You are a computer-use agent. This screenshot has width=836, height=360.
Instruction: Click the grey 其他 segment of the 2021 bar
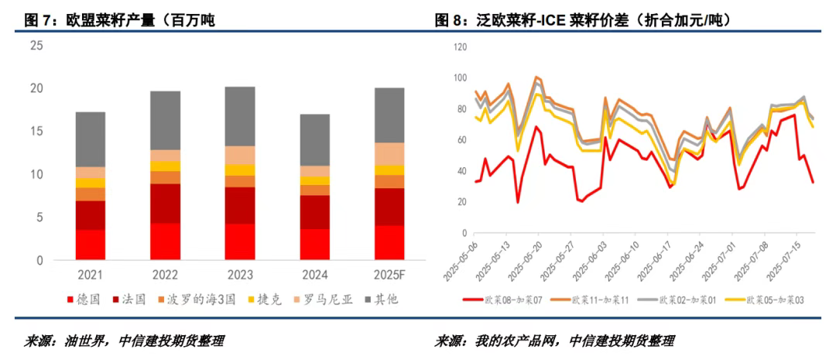91,139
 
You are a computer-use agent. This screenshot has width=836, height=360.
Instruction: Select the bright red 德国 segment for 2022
166,242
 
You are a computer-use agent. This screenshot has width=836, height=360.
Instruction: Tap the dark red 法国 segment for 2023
240,205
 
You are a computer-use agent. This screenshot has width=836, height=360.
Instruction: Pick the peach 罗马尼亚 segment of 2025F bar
389,154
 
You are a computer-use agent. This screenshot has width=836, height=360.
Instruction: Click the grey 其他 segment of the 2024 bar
315,140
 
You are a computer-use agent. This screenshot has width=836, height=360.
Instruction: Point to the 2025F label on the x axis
389,276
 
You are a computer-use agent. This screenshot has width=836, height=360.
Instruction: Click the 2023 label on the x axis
240,276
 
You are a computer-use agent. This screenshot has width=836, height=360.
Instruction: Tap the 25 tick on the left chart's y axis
36,46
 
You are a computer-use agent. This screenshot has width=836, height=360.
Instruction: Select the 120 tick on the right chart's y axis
459,47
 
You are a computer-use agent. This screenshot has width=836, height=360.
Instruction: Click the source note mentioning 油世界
128,341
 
